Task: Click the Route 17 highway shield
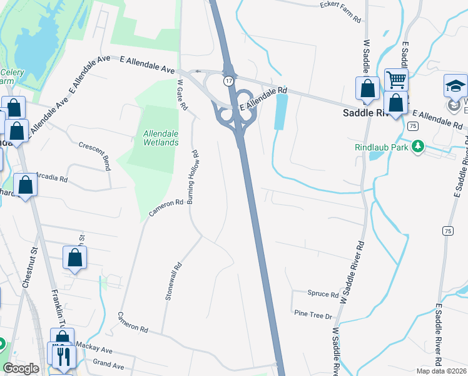[x=230, y=81]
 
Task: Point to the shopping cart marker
[x=396, y=80]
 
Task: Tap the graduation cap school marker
[x=455, y=86]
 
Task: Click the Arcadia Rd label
[x=51, y=178]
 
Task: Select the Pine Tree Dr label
[x=312, y=313]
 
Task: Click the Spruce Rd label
[x=323, y=293]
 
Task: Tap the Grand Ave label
[x=108, y=365]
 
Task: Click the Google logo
[x=21, y=368]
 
